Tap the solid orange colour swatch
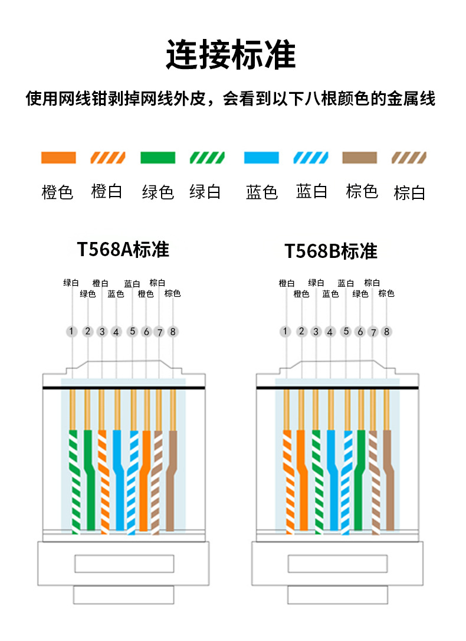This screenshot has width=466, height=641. pos(58,158)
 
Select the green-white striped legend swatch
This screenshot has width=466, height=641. pos(206,158)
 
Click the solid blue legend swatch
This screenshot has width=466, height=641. pos(261,158)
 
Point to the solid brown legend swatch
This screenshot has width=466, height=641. pos(359,158)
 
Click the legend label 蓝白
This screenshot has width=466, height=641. pos(311,192)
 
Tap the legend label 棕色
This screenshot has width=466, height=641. pos(362,192)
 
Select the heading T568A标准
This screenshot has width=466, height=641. pos(123,249)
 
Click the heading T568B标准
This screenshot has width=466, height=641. pos(330,251)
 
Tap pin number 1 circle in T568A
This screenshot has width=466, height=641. pos(72,331)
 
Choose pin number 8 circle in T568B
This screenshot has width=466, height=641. pos(387,332)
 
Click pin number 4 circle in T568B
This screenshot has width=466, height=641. pos(330,332)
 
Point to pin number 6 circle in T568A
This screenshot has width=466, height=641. pos(146,332)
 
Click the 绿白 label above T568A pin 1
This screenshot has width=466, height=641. pos(71,283)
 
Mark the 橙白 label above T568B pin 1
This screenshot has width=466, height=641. pos(287,283)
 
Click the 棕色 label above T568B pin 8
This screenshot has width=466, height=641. pos(386,293)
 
